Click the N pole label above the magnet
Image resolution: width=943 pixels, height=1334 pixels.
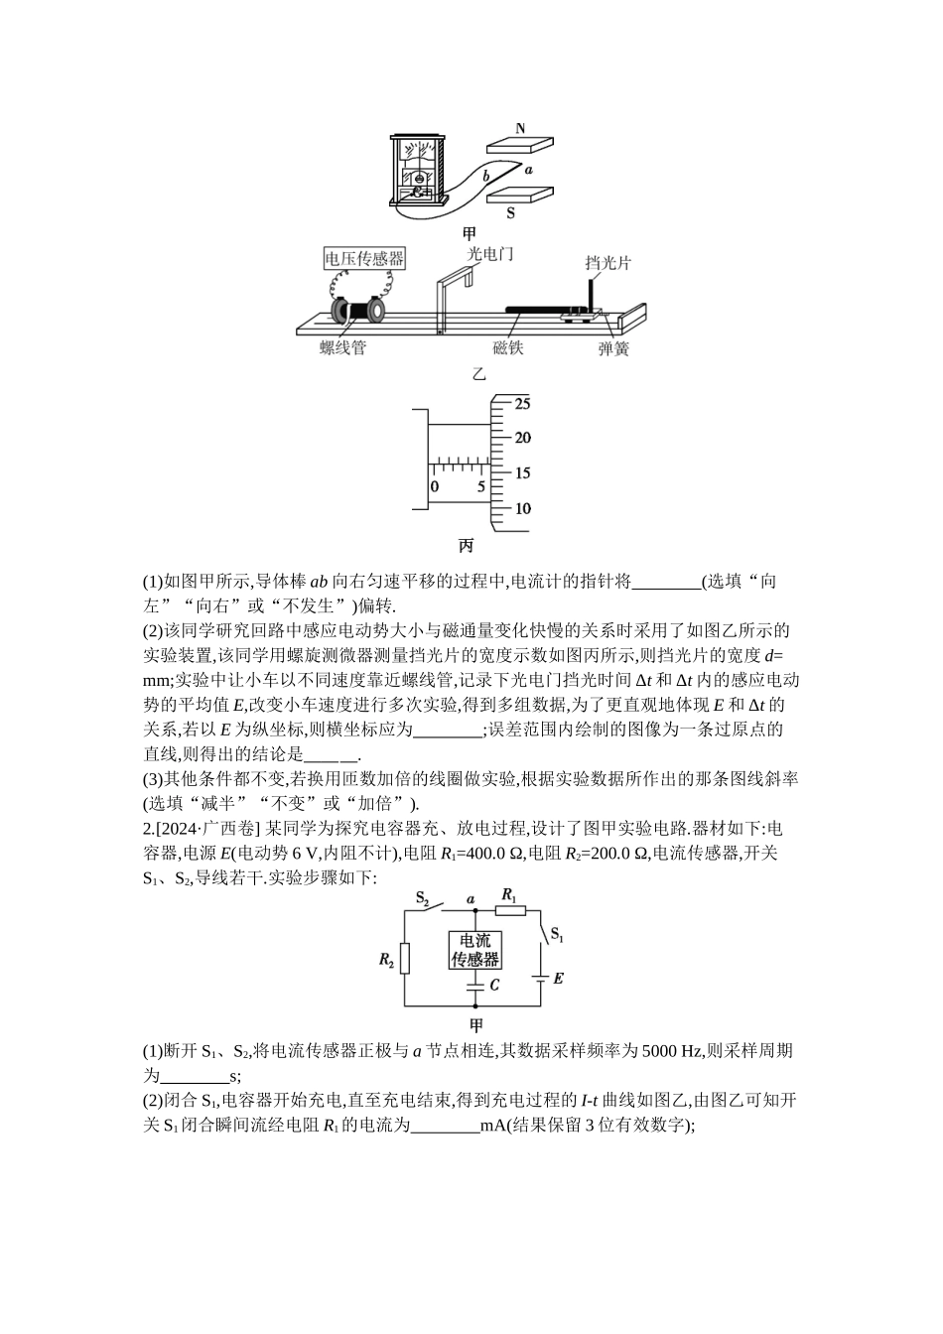coord(521,128)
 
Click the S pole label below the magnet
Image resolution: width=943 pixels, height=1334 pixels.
coord(511,212)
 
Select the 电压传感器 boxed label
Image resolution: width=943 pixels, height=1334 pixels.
coord(365,259)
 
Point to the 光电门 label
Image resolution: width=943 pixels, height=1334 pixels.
coord(490,254)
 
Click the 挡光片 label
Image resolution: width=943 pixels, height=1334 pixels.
coord(607,263)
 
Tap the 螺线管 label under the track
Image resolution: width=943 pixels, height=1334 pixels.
coord(343,348)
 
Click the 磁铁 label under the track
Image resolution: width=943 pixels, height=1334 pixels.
coord(508,348)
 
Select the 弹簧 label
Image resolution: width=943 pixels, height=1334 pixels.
coord(613,349)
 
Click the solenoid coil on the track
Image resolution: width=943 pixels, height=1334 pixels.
coord(358,311)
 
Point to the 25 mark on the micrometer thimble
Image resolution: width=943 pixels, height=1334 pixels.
coord(522,404)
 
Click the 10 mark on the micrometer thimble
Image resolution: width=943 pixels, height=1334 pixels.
coord(522,508)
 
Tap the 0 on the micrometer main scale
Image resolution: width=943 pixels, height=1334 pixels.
coord(434,487)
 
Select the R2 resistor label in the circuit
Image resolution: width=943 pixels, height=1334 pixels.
coord(387,959)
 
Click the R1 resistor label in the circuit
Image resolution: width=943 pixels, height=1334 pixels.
coord(509,895)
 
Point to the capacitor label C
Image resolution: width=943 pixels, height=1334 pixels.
coord(494,986)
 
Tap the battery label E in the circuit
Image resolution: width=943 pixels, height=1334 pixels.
coord(558,979)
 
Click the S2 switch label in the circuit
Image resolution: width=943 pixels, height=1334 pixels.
coord(421,899)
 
